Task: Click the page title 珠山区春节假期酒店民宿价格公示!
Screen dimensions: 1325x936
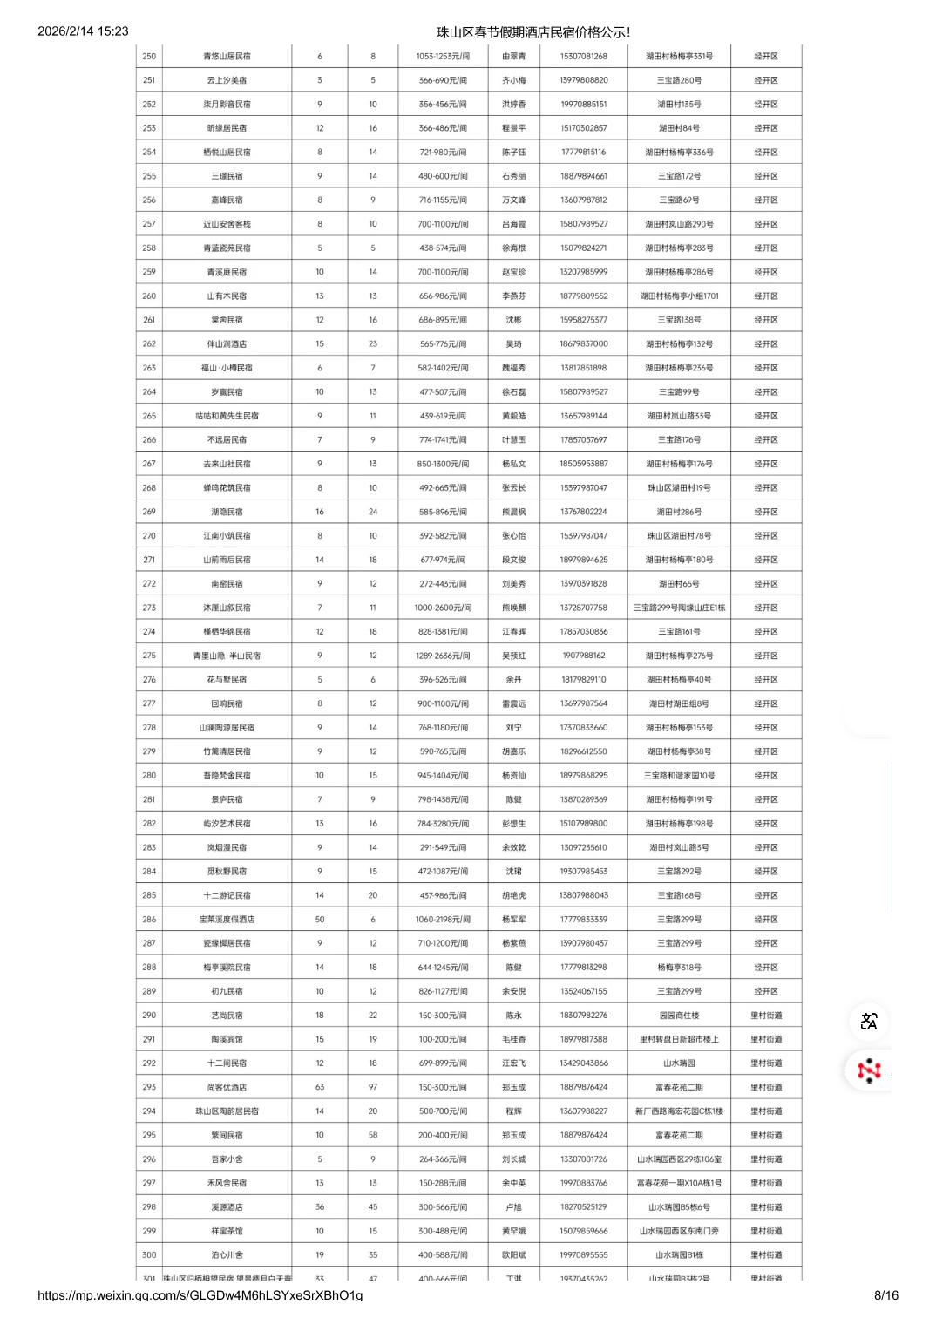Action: click(x=533, y=32)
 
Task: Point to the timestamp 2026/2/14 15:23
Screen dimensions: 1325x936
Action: click(x=83, y=31)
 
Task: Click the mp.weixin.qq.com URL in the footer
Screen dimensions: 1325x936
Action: click(x=200, y=1295)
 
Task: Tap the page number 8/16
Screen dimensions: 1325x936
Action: click(x=886, y=1295)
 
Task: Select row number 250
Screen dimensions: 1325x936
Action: click(x=149, y=57)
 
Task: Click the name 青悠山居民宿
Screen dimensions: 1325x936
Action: click(x=227, y=57)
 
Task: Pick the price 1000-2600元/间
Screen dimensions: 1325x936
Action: click(x=443, y=608)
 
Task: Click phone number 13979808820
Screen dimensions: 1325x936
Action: click(x=584, y=80)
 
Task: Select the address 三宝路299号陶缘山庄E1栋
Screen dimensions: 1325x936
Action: click(x=679, y=608)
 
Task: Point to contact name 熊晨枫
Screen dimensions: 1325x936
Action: click(x=513, y=512)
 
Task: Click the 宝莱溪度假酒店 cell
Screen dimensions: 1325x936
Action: click(x=227, y=920)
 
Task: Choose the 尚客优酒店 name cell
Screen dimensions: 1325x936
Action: click(x=227, y=1087)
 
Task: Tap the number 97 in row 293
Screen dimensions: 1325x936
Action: click(x=373, y=1087)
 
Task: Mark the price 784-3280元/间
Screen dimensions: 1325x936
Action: click(x=443, y=824)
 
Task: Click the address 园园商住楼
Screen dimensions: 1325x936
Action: click(x=679, y=1016)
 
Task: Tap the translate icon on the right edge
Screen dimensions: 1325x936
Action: click(x=869, y=1022)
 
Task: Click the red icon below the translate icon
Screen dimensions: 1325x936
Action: click(x=869, y=1070)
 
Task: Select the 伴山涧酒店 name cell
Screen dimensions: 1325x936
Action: click(x=227, y=344)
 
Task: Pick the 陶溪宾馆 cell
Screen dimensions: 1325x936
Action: click(x=227, y=1039)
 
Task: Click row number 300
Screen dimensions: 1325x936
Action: click(x=149, y=1255)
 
